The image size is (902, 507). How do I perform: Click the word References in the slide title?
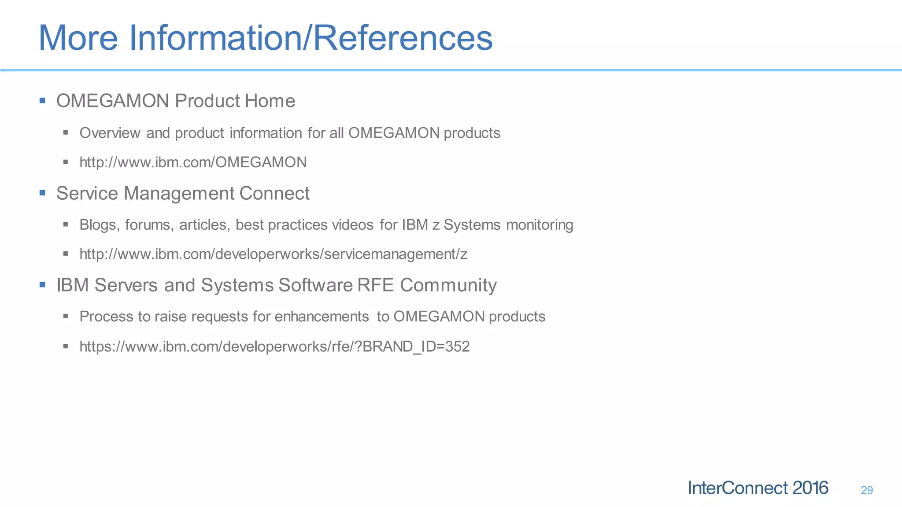tap(403, 38)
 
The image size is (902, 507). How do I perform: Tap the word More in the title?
tap(78, 38)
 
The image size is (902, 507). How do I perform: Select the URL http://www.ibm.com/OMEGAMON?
tap(193, 162)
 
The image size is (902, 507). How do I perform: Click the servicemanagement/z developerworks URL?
tap(273, 254)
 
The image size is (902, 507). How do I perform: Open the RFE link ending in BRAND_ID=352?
tap(274, 347)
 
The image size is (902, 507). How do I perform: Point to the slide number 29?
tap(866, 490)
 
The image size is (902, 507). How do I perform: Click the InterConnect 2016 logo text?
tap(758, 488)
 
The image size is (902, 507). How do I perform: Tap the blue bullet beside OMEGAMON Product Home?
tap(42, 101)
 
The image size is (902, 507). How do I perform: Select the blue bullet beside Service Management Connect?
tap(42, 193)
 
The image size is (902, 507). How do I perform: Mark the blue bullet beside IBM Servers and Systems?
tap(42, 285)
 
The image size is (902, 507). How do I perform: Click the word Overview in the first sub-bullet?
tap(110, 133)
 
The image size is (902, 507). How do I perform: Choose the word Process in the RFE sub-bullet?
tap(106, 317)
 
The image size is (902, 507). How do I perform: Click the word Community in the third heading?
tap(448, 285)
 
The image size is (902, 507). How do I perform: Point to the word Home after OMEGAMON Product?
tap(270, 101)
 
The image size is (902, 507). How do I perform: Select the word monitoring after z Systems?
tap(540, 225)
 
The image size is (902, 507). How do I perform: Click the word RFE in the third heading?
tap(376, 285)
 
